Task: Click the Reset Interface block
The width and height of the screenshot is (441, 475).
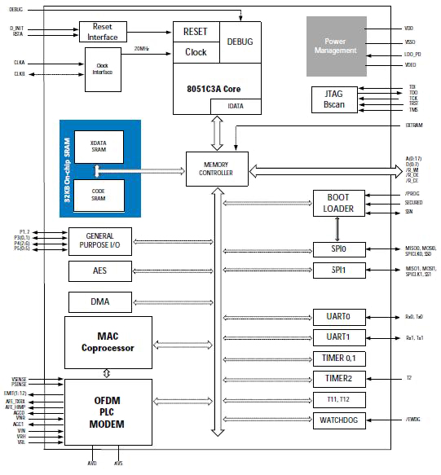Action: pos(104,33)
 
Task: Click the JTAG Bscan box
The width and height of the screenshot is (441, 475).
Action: pos(333,99)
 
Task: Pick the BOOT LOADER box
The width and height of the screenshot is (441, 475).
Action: pos(338,203)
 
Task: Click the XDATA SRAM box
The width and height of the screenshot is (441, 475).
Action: pos(99,147)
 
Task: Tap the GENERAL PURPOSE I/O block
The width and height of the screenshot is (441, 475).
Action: pos(100,241)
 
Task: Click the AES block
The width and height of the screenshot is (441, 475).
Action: pos(100,270)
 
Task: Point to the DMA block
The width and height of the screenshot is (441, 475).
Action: pos(100,303)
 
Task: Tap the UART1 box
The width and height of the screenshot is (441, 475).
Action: pos(338,336)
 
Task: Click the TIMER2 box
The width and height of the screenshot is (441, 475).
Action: pos(338,378)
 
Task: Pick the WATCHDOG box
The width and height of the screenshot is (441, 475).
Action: pos(338,420)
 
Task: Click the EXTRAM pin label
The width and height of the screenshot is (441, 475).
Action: pos(414,126)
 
